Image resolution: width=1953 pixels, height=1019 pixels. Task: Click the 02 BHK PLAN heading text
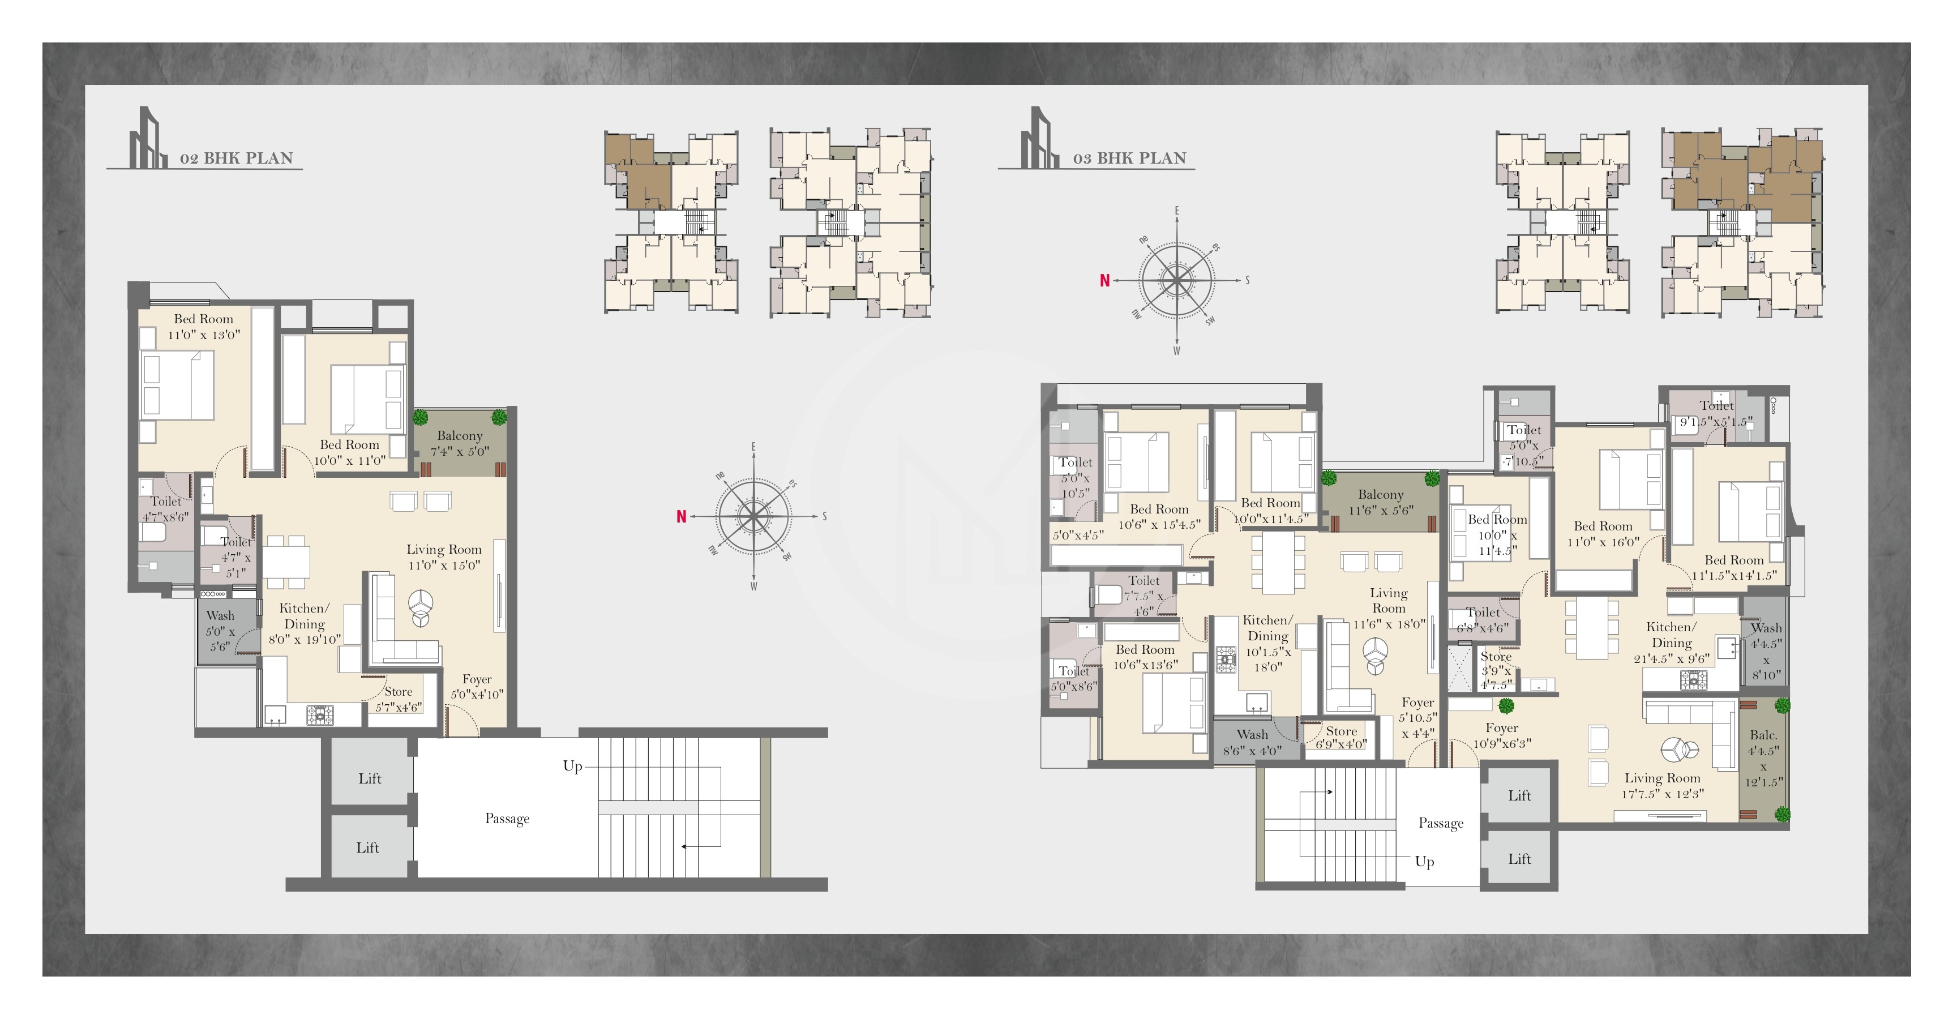[x=236, y=158]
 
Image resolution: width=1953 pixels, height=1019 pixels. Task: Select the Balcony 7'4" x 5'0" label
[x=460, y=443]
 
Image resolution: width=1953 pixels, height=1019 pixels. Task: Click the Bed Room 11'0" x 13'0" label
[x=203, y=326]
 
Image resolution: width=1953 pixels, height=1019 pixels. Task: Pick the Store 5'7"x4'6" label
[x=398, y=699]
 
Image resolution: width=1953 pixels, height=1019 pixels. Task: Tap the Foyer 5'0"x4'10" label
[x=477, y=686]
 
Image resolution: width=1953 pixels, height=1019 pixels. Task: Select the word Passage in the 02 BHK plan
[x=507, y=818]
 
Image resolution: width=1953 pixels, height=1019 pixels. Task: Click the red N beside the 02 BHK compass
[x=681, y=516]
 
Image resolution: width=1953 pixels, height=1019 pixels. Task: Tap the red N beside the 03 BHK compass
[x=1104, y=281]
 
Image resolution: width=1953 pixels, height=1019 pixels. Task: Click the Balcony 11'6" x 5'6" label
[x=1380, y=502]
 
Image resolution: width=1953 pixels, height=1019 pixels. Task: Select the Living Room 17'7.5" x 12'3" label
[x=1662, y=786]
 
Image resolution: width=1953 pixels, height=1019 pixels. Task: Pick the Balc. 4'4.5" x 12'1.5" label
[x=1763, y=758]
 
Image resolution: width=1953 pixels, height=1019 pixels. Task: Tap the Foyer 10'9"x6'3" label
[x=1501, y=735]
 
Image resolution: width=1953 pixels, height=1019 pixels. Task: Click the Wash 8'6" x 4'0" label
[x=1252, y=742]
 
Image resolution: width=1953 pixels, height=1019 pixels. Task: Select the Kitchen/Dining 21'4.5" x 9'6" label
[x=1671, y=642]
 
